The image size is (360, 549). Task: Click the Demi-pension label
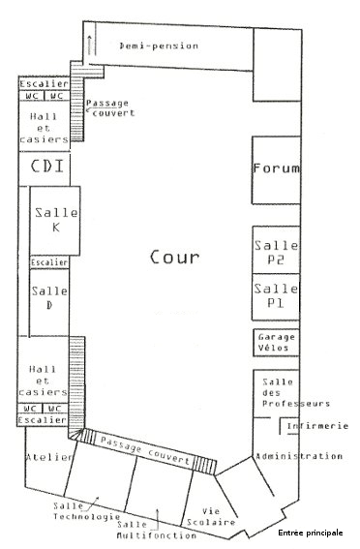tap(159, 46)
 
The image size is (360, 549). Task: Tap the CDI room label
tap(47, 166)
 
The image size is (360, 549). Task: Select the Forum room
tap(277, 170)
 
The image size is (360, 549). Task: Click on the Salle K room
tap(55, 221)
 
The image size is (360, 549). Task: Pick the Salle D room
tap(49, 303)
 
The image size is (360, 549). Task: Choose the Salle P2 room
tap(276, 250)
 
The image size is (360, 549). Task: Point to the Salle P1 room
tap(276, 297)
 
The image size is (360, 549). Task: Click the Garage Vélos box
tap(276, 343)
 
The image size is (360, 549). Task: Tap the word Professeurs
tap(296, 404)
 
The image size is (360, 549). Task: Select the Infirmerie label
tap(317, 426)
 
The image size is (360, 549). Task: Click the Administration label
tap(299, 456)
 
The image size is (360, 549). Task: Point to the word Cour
tap(174, 257)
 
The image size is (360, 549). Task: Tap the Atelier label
tap(49, 457)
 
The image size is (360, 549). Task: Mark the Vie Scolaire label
tap(211, 517)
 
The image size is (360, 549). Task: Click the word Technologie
tap(86, 517)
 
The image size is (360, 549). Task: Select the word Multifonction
tap(157, 535)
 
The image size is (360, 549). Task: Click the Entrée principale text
tap(311, 533)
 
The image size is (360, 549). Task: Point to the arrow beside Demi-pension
tap(91, 45)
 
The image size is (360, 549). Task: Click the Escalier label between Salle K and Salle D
tap(49, 262)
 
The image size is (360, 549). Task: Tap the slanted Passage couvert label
tap(145, 449)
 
